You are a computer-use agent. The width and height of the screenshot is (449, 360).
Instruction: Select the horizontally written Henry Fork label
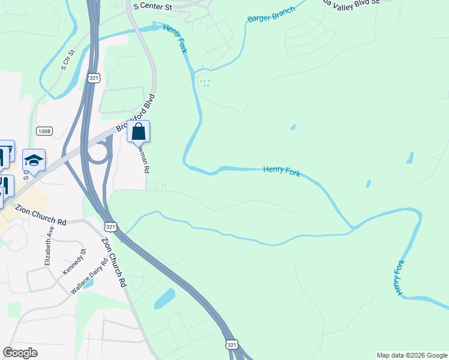(281, 170)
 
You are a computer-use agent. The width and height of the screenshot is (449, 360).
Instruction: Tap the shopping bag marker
(138, 131)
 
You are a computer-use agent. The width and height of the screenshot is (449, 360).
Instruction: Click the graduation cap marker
(34, 160)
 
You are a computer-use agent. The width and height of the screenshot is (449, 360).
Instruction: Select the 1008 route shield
(44, 131)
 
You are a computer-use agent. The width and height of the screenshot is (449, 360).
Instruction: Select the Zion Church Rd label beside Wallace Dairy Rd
(113, 261)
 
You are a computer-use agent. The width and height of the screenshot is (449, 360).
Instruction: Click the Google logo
(20, 353)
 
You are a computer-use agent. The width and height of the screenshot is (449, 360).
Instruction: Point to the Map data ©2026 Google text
(411, 355)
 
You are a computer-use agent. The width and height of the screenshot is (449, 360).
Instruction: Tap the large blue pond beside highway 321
(164, 298)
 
